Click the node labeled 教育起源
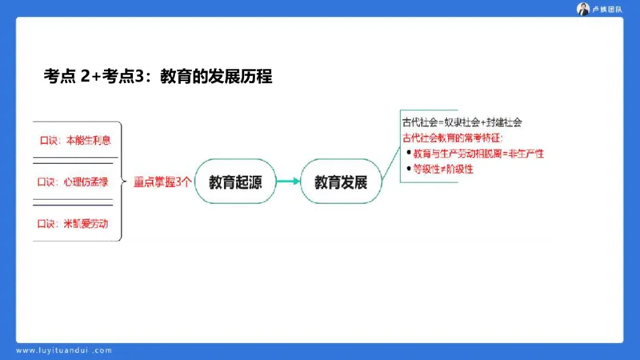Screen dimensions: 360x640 tap(233, 182)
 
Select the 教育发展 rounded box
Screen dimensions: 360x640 tap(340, 182)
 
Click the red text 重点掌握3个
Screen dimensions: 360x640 tap(162, 182)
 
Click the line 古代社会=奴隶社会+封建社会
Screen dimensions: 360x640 tap(462, 122)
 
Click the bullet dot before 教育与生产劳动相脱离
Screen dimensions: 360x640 tap(408, 153)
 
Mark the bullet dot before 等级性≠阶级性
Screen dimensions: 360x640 tap(408, 169)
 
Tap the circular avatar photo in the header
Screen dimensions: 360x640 tap(583, 9)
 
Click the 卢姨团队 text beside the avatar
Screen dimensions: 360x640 tap(607, 9)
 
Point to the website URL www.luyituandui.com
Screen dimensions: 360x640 tap(65, 350)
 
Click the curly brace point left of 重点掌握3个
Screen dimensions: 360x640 tap(125, 182)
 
